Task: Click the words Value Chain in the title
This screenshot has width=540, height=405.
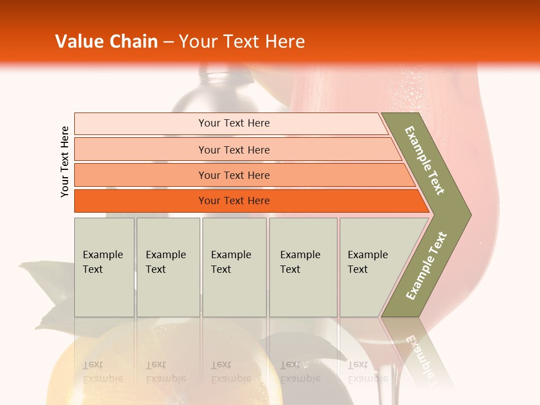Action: [x=106, y=42]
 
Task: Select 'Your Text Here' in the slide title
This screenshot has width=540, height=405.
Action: [x=242, y=42]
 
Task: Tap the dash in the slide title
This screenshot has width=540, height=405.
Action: [x=168, y=42]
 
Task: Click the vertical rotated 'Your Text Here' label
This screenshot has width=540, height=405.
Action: [x=65, y=161]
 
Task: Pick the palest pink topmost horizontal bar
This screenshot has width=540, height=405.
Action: [x=233, y=123]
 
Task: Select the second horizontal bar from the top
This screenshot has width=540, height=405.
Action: [x=233, y=150]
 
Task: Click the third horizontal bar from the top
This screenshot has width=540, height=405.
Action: [x=233, y=175]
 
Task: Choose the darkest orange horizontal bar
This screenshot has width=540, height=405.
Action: [x=233, y=201]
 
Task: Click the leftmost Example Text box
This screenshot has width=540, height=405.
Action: [x=104, y=267]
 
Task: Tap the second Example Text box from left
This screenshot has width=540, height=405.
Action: [x=168, y=267]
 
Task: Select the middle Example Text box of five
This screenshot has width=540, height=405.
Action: [x=234, y=267]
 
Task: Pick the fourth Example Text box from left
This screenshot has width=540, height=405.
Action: [x=303, y=267]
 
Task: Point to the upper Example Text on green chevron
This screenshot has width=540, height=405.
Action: [x=425, y=160]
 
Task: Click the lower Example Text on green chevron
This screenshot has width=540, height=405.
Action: [x=426, y=265]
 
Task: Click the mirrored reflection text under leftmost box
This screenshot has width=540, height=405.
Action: [x=102, y=372]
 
